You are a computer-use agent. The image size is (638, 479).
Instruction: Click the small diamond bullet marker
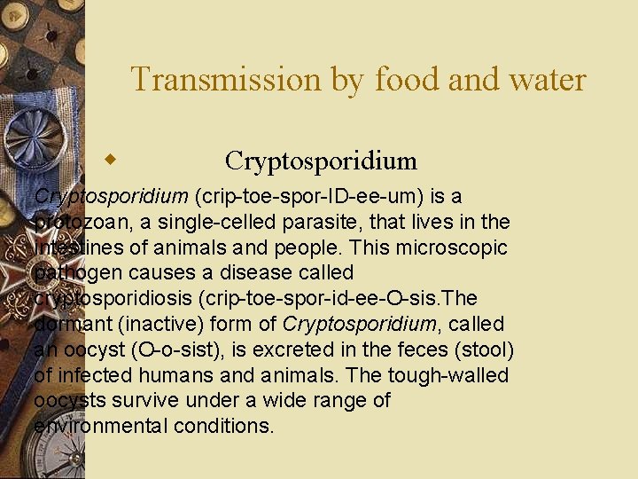pos(111,160)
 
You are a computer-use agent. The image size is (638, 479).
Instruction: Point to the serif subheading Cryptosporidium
pos(321,161)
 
